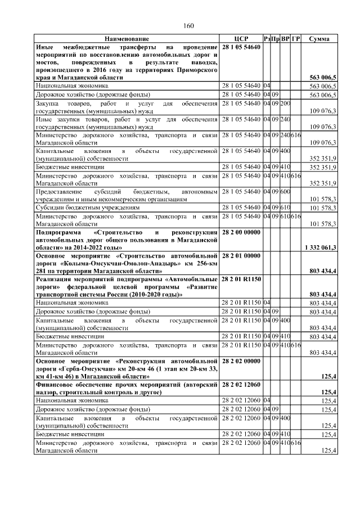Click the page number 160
coord(188,25)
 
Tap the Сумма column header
coord(319,39)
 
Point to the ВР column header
coord(285,39)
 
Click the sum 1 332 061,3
coord(320,247)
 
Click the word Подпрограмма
coord(60,232)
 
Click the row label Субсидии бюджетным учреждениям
coord(88,208)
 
